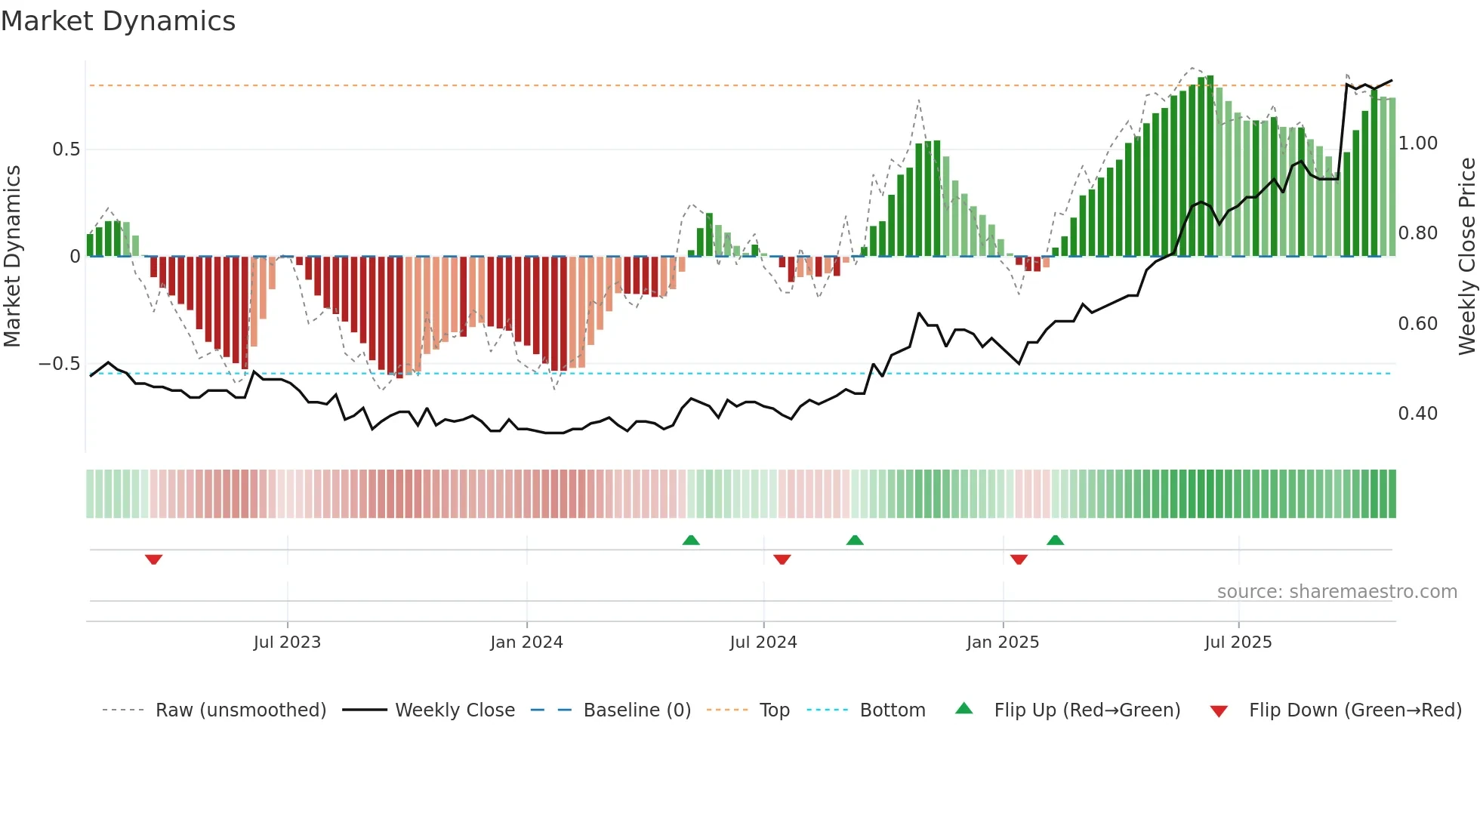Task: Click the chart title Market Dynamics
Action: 119,21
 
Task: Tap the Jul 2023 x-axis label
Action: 287,642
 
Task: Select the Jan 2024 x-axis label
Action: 526,642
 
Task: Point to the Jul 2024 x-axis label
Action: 763,642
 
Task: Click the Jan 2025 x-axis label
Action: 1002,642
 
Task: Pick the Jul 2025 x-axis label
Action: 1238,642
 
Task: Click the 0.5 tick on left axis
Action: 66,149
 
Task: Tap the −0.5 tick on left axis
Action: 59,364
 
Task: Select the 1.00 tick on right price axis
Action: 1417,143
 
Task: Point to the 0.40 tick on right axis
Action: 1417,414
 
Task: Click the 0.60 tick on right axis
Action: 1417,324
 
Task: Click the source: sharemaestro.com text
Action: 1337,592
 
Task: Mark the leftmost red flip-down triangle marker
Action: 154,559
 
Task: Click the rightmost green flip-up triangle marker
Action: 1055,540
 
